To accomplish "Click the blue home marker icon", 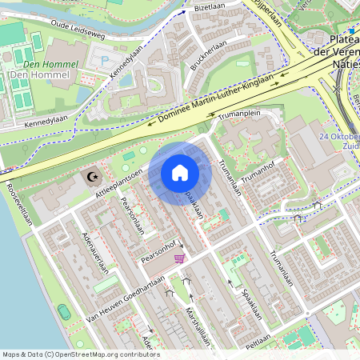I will point(180,172).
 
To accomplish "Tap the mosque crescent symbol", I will point(90,176).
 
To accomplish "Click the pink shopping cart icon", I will point(179,258).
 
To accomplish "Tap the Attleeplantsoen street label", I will point(119,183).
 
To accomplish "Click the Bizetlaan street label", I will point(210,6).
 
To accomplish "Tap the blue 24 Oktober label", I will point(339,137).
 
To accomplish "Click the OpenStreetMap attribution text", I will point(80,354).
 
